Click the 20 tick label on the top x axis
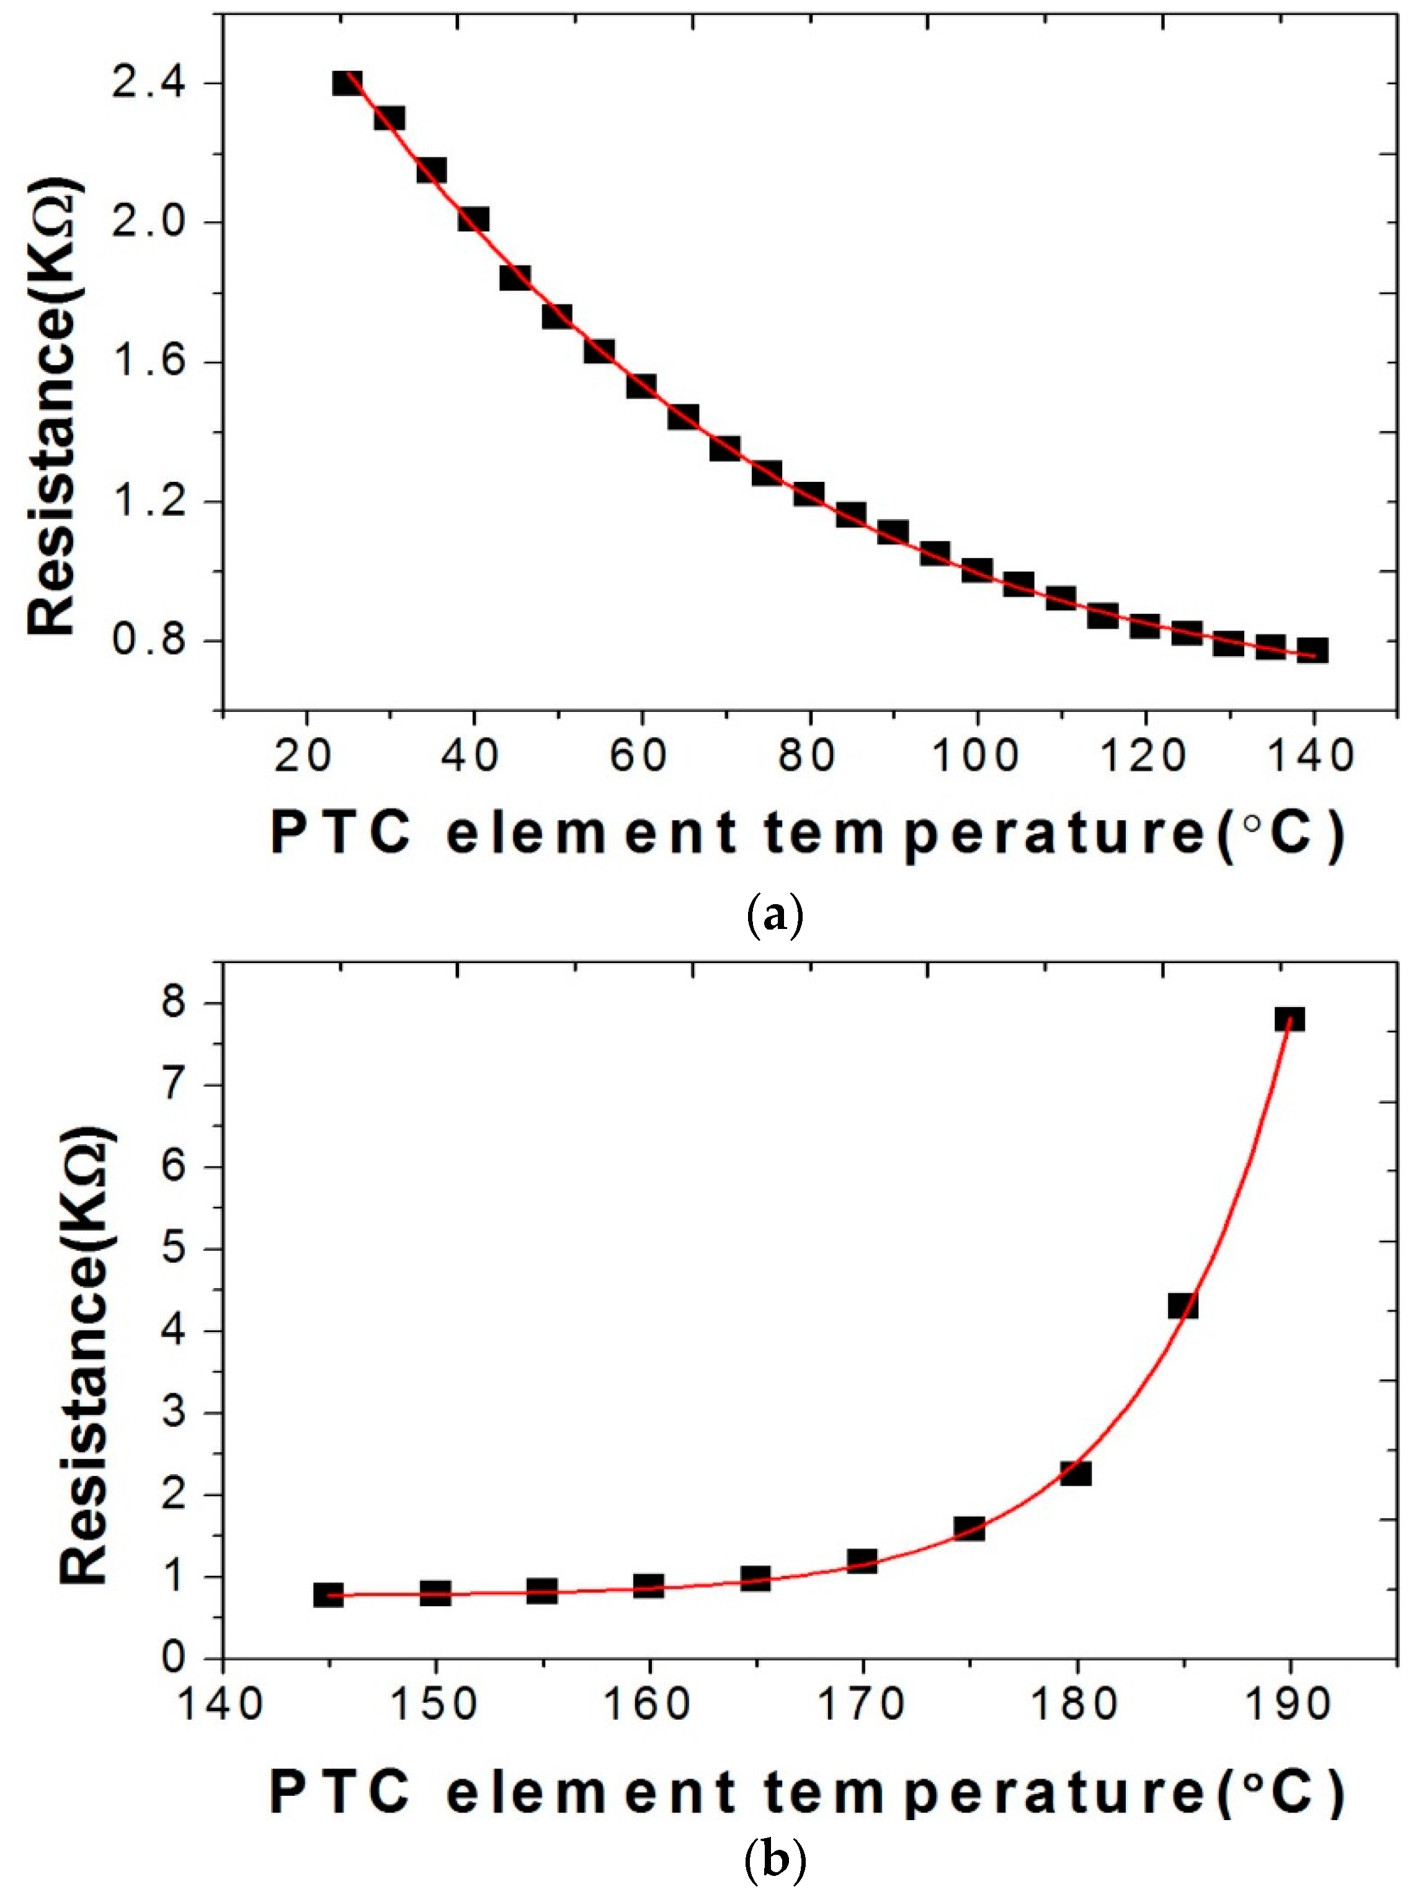[x=305, y=755]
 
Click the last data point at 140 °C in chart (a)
[x=1312, y=651]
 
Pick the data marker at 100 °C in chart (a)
[x=977, y=570]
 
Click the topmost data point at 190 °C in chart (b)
[x=1290, y=1020]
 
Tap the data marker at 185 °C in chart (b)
[x=1183, y=1305]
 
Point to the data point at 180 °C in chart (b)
[x=1076, y=1473]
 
